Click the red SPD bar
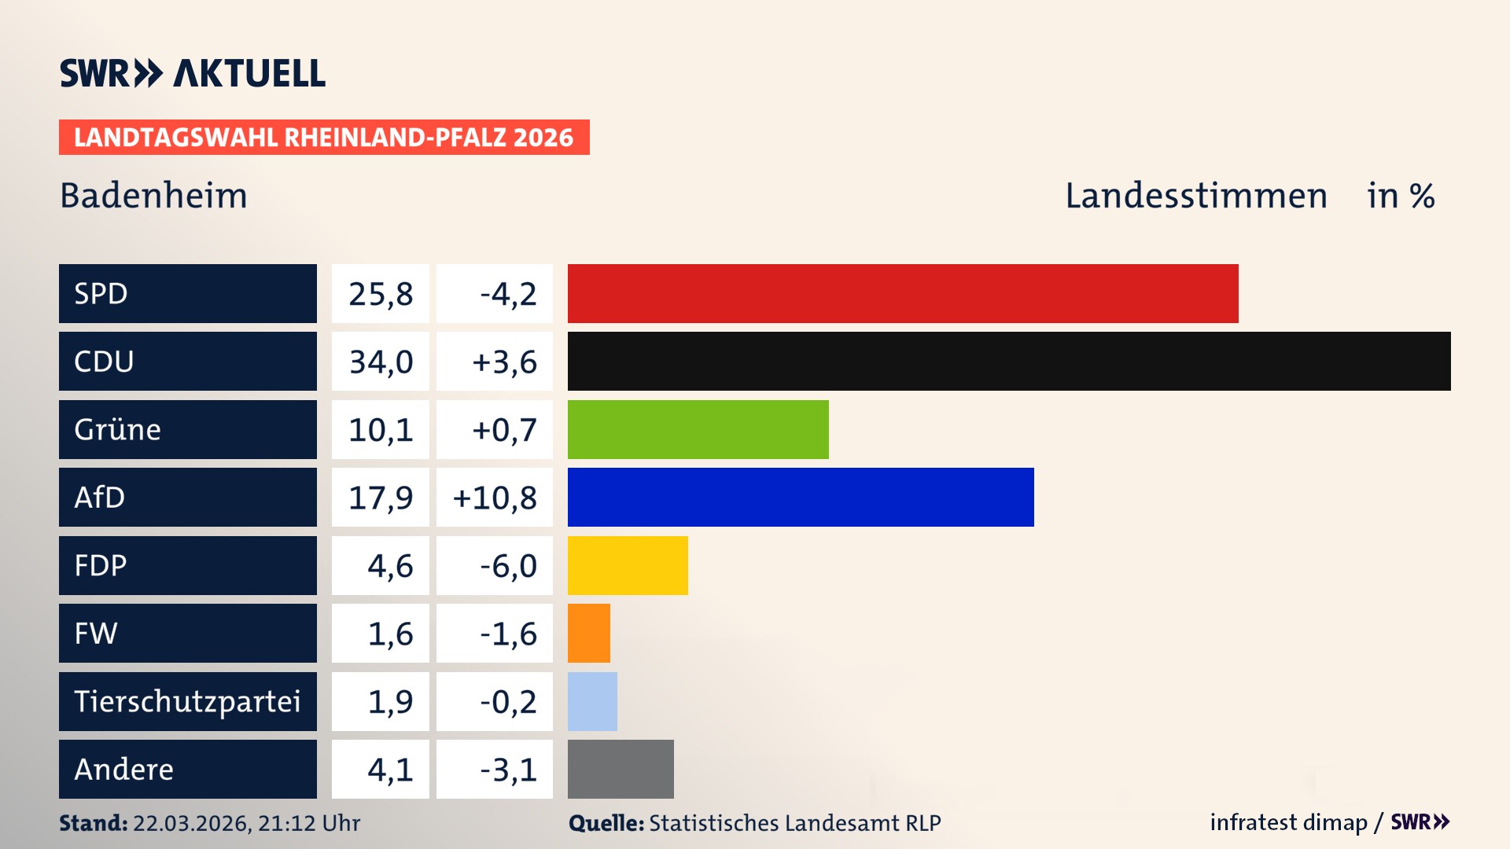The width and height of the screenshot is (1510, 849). (903, 293)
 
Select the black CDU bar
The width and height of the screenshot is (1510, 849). (1009, 362)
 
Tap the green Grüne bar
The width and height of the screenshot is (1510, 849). (698, 429)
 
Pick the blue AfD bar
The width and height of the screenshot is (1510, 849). (801, 497)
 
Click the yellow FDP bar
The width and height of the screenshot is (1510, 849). (628, 565)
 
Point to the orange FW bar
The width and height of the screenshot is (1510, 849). (589, 633)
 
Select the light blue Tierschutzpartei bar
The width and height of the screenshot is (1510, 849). (592, 701)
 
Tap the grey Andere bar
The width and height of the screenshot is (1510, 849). (621, 769)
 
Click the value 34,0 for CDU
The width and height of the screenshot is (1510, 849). (381, 362)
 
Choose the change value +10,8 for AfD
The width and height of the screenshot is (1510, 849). (495, 497)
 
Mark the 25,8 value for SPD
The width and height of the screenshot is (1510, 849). (381, 293)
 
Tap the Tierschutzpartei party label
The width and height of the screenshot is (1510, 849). (187, 701)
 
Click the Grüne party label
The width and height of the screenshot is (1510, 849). (118, 429)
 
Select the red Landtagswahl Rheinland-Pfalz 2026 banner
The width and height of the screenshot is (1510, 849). (324, 137)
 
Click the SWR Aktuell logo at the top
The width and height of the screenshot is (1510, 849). (193, 73)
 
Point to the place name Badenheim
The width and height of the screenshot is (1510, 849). (153, 195)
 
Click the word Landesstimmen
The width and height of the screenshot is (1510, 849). (1195, 195)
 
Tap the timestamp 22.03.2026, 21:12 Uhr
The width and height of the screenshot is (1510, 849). (246, 822)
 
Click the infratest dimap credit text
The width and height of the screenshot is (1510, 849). (1288, 822)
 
